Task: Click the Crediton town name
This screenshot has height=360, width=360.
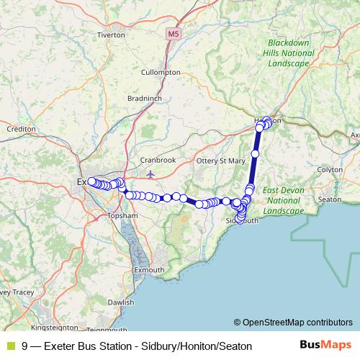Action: (20, 128)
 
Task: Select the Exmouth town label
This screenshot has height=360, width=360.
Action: (149, 269)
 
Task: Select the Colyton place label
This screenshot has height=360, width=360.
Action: (330, 169)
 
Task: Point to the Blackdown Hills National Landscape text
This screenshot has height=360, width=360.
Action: (288, 53)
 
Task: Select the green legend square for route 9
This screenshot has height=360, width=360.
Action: (10, 346)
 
